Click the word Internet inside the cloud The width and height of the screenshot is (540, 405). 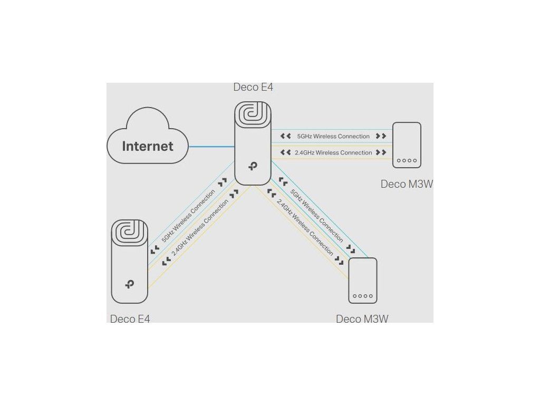pyautogui.click(x=148, y=146)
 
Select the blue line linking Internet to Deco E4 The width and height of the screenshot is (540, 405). pyautogui.click(x=211, y=146)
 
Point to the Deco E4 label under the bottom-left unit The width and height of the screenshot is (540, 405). pyautogui.click(x=130, y=319)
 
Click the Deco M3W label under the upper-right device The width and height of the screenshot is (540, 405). pyautogui.click(x=407, y=184)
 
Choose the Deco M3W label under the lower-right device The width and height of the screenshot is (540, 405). pyautogui.click(x=362, y=319)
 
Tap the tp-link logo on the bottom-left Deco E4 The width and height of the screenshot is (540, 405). pyautogui.click(x=130, y=284)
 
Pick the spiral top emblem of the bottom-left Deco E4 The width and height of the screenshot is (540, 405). pyautogui.click(x=130, y=232)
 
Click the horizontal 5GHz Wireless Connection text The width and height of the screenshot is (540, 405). pyautogui.click(x=333, y=136)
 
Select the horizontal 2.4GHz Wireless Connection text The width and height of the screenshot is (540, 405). pyautogui.click(x=333, y=152)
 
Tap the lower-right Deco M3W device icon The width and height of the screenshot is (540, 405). pyautogui.click(x=363, y=280)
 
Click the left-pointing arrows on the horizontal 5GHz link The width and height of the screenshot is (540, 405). pyautogui.click(x=286, y=136)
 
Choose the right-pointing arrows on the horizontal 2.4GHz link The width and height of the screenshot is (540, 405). pyautogui.click(x=381, y=152)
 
